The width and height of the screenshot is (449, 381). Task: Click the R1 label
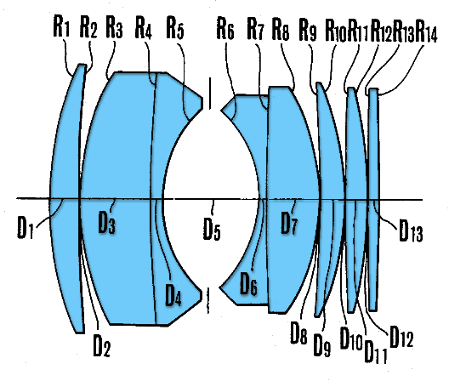click(x=61, y=26)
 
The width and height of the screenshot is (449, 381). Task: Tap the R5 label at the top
click(x=175, y=28)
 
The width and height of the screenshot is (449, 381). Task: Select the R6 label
click(x=225, y=28)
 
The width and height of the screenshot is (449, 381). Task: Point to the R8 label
click(x=281, y=29)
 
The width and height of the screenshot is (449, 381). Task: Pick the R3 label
click(x=115, y=26)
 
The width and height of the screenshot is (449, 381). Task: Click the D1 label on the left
click(x=26, y=227)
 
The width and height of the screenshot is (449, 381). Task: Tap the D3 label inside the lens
click(x=107, y=222)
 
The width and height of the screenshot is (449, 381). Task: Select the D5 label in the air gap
click(x=213, y=228)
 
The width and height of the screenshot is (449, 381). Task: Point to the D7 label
click(x=289, y=223)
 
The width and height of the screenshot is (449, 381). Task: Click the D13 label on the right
click(x=411, y=230)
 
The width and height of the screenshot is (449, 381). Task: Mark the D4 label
click(x=173, y=295)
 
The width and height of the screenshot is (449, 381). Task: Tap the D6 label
click(x=248, y=283)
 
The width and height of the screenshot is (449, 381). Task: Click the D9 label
click(x=322, y=344)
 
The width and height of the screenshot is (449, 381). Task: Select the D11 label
click(x=376, y=351)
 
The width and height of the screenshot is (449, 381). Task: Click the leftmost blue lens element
click(x=66, y=197)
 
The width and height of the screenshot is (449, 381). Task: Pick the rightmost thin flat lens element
click(x=373, y=199)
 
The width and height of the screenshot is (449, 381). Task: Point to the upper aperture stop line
click(x=211, y=94)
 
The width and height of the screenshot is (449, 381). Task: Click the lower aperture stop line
click(x=208, y=300)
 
